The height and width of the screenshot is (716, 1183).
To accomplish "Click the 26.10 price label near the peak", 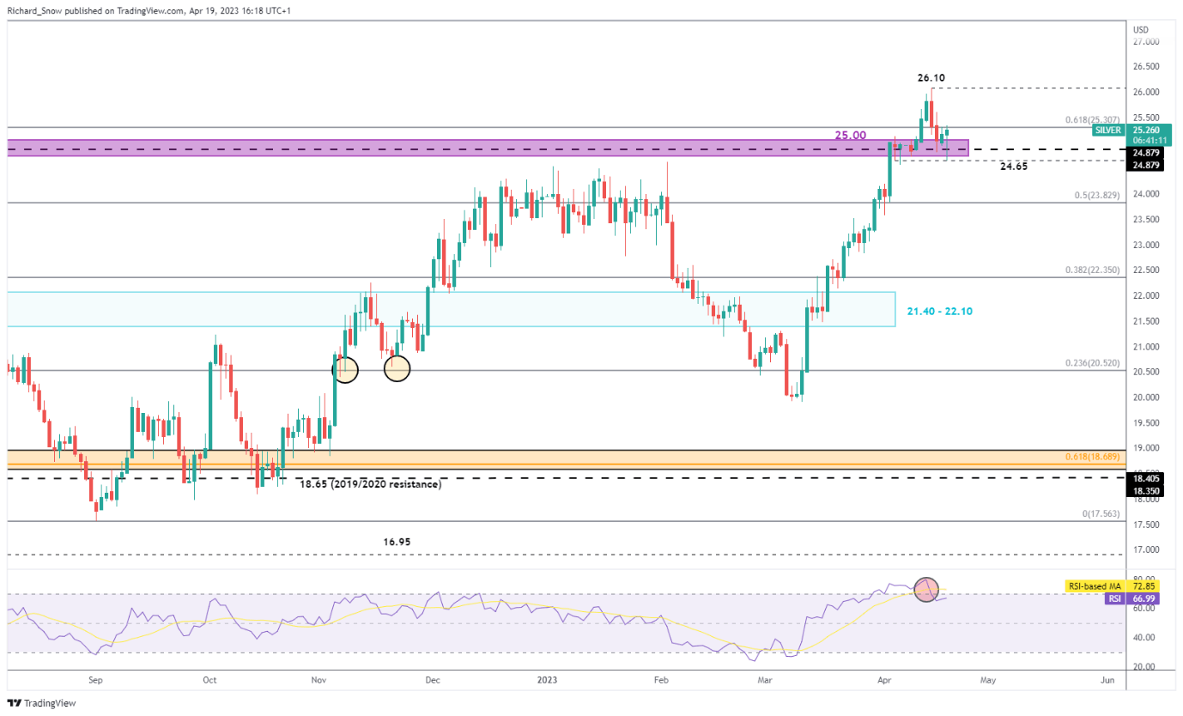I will coord(931,77).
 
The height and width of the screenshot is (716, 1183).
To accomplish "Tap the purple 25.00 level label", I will coord(850,136).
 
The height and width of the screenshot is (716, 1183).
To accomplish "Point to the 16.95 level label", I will coord(396,543).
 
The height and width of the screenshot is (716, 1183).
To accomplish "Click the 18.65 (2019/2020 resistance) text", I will coord(370,484).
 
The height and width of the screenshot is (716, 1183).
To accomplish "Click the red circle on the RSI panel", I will coord(926,590).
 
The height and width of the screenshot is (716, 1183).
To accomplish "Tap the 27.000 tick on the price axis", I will coord(1146,41).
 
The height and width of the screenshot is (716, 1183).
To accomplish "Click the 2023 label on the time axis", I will coord(546,681).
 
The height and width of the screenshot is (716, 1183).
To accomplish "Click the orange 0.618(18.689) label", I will coord(1091,456).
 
